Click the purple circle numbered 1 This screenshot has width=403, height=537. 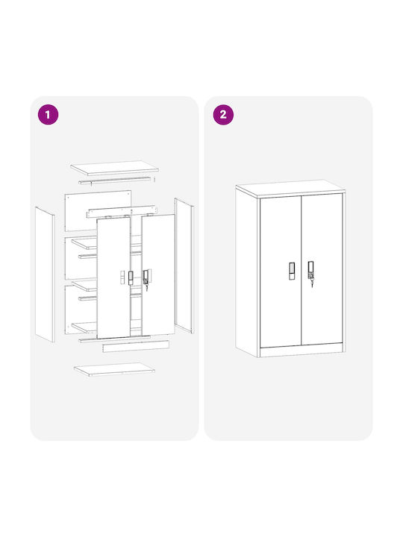coord(48,114)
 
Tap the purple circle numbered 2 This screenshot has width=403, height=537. coord(223,114)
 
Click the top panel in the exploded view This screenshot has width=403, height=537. coord(114,168)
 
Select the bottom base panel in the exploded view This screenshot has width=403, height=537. coord(114,369)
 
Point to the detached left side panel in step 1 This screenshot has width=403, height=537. coord(45,274)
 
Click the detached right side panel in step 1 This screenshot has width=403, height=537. coord(184,266)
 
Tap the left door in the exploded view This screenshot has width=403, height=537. coord(113,277)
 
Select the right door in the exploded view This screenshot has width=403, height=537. coord(158,274)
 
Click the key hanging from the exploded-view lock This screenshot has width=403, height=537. coord(146,286)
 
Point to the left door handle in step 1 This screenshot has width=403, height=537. coord(131,277)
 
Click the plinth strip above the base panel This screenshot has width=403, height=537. coord(136,346)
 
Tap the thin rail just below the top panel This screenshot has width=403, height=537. coord(115,180)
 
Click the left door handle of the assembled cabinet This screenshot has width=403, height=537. coord(292,271)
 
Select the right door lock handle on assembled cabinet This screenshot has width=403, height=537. coord(310,270)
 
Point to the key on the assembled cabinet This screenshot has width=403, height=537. coord(312,282)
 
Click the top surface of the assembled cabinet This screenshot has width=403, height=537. coord(290,188)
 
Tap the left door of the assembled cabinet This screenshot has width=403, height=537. coord(281,271)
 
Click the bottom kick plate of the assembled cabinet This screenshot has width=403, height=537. coord(302,351)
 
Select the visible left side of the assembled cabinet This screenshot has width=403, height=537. coord(247,271)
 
